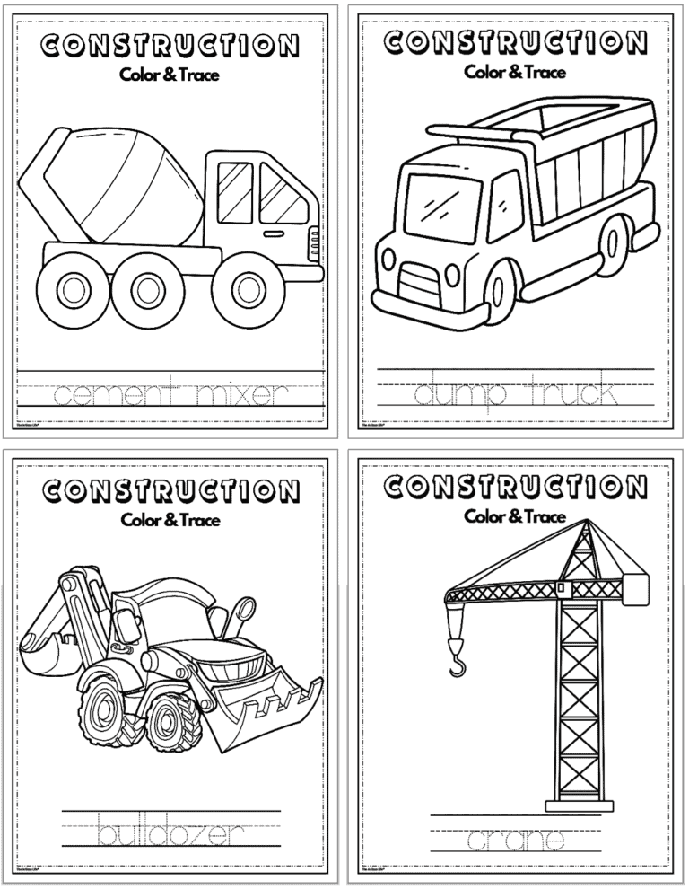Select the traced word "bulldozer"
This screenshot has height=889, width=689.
(170, 832)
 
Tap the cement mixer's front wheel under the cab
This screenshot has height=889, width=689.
(246, 288)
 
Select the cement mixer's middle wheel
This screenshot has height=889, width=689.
(147, 288)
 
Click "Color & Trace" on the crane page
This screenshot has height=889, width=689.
(515, 516)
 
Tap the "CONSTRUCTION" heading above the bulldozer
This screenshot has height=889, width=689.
(170, 491)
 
